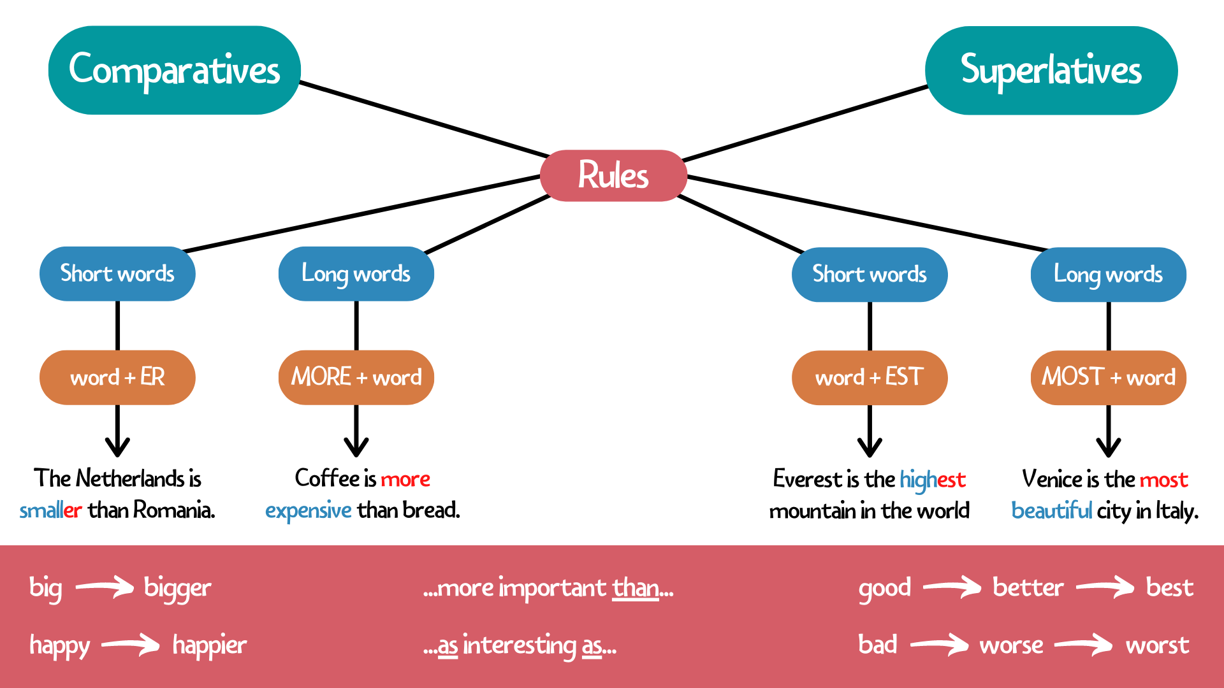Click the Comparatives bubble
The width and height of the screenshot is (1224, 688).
click(174, 70)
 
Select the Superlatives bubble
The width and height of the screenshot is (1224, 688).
click(1051, 70)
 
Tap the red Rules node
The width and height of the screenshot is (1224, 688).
click(613, 175)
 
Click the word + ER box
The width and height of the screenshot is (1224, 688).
click(117, 377)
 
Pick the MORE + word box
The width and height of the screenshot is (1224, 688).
click(356, 377)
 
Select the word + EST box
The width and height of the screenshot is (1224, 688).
click(869, 377)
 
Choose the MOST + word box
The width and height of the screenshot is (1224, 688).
click(1108, 377)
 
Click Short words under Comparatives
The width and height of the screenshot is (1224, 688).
click(117, 274)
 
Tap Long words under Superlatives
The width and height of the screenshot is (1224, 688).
click(1108, 275)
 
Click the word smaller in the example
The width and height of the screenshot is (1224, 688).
click(50, 510)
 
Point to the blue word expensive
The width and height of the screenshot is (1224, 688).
click(308, 510)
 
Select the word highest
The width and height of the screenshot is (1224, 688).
click(932, 480)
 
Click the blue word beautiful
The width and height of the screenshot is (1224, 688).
click(1051, 511)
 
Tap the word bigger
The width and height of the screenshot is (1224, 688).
click(177, 588)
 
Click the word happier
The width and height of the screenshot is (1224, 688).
click(209, 645)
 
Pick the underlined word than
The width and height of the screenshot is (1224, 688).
click(635, 588)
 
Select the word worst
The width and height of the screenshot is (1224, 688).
click(1157, 645)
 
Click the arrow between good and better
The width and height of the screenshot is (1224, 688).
click(952, 587)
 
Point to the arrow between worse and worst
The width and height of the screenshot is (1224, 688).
click(1084, 645)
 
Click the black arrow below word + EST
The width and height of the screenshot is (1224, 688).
click(870, 433)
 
